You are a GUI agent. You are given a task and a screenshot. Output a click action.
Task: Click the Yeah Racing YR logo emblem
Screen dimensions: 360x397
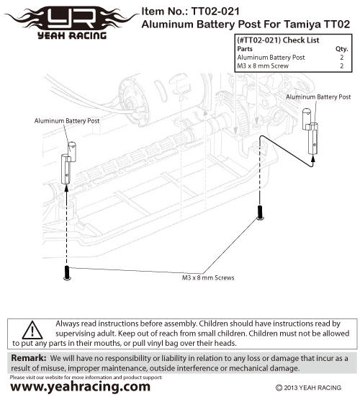[x=72, y=23]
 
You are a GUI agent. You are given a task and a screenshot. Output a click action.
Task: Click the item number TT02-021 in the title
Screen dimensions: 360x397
[x=215, y=11]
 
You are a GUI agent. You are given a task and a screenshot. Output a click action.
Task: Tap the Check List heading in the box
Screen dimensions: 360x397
[x=301, y=40]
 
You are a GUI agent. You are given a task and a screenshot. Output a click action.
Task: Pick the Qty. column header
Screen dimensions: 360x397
[x=342, y=49]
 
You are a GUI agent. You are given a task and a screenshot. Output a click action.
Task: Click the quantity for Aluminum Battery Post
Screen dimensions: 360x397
[x=342, y=58]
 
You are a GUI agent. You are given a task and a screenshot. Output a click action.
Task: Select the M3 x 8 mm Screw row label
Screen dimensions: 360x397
[x=263, y=66]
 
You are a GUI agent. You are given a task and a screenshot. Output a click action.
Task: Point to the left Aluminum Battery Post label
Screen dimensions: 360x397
[x=67, y=121]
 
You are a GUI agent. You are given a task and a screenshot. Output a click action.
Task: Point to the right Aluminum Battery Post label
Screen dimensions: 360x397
[x=318, y=97]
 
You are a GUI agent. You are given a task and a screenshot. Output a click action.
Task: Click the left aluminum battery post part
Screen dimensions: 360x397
[x=68, y=163]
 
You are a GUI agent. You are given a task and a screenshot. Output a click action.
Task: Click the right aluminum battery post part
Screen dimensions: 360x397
[x=310, y=131]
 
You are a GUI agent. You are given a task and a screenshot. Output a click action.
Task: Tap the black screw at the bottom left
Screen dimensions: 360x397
[x=67, y=273]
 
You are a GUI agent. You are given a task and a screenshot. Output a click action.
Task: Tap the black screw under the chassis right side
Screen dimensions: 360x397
[x=260, y=212]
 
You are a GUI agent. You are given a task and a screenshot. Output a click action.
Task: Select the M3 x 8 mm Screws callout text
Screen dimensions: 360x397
[x=208, y=277]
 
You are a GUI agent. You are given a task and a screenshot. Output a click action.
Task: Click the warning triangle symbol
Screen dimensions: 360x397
[x=32, y=331]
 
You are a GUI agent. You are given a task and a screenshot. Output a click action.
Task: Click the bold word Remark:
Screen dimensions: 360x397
[x=29, y=358]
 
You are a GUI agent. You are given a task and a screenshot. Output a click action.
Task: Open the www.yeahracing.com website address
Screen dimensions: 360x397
[x=80, y=387]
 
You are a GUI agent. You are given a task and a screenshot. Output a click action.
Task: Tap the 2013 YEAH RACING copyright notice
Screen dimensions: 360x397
[x=308, y=388]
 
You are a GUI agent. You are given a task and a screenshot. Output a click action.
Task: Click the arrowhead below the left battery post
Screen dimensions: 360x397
[x=66, y=188]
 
